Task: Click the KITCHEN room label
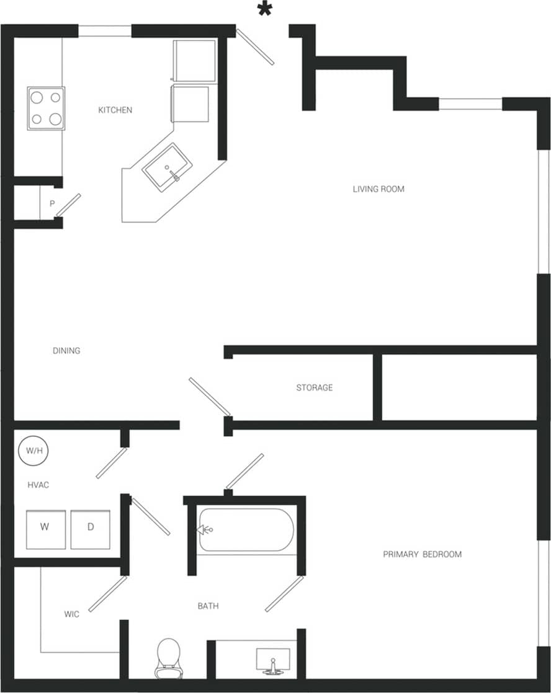115,110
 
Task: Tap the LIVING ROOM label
379,189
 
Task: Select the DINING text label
66,351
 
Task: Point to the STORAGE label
314,388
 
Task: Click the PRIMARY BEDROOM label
422,554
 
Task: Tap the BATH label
208,606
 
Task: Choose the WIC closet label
72,614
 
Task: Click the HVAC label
38,485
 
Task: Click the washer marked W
45,529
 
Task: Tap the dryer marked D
90,529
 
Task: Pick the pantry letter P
52,203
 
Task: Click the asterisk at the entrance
266,11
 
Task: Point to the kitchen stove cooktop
46,108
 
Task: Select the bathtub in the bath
246,530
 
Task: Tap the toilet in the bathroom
168,659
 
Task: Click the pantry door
68,205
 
